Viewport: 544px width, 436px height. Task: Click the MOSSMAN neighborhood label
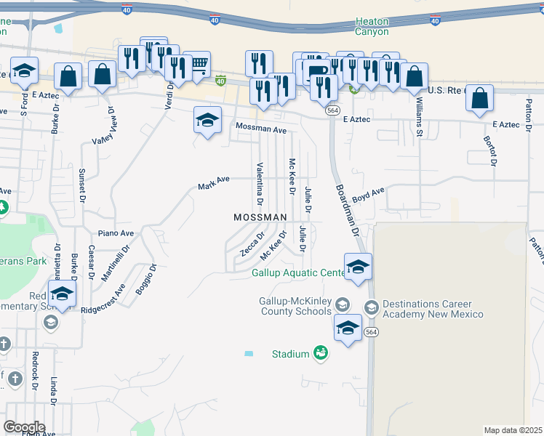click(260, 217)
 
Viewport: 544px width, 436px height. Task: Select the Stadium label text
click(291, 354)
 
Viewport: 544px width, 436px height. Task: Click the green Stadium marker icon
click(319, 353)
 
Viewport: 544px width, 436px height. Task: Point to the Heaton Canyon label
click(372, 27)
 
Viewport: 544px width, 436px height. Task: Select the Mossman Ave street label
click(261, 129)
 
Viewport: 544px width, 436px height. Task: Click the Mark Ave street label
click(214, 182)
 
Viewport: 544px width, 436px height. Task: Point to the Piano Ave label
click(116, 233)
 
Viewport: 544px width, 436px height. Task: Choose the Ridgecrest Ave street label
click(103, 298)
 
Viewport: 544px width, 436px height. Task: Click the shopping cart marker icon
click(196, 65)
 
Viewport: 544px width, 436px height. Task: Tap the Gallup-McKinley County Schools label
click(295, 307)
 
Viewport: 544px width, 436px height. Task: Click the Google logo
click(24, 427)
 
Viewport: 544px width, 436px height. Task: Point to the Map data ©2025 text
click(513, 430)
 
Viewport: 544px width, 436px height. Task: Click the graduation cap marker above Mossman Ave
click(207, 120)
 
